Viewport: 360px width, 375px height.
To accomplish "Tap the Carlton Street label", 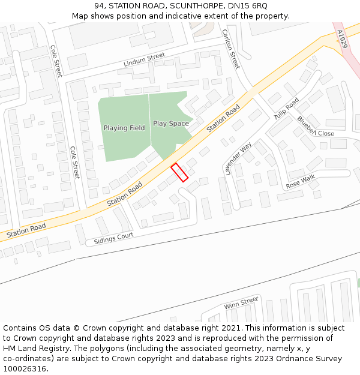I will [x=231, y=49].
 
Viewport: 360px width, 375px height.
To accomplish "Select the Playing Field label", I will [x=124, y=128].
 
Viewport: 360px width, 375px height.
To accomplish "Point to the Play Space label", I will [x=171, y=124].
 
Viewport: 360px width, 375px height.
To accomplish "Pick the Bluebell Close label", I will [x=316, y=127].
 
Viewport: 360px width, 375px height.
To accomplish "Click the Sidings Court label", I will [x=109, y=239].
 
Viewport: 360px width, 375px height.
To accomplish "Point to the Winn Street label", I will [x=241, y=303].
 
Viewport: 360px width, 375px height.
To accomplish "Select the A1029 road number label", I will [x=342, y=40].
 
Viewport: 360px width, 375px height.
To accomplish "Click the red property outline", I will [x=179, y=172].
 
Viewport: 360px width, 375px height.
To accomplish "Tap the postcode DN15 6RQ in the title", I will [x=247, y=6].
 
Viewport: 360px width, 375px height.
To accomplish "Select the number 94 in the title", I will [x=99, y=6].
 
